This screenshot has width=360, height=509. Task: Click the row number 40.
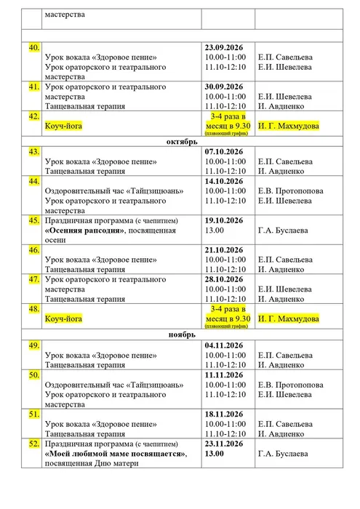point(33,47)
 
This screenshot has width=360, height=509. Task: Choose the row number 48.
point(33,309)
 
